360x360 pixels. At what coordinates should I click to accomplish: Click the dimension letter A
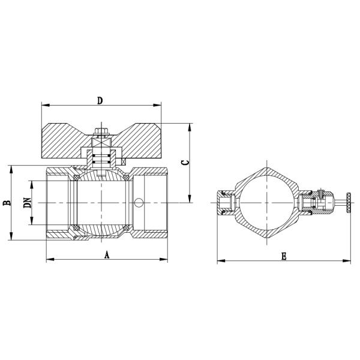point(107,254)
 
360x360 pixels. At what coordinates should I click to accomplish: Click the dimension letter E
point(284,256)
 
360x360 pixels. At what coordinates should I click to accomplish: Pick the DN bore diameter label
point(27,203)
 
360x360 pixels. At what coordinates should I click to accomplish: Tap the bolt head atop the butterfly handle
point(101,130)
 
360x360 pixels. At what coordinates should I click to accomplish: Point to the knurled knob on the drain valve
point(349,203)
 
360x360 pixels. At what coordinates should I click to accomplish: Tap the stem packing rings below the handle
point(101,158)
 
